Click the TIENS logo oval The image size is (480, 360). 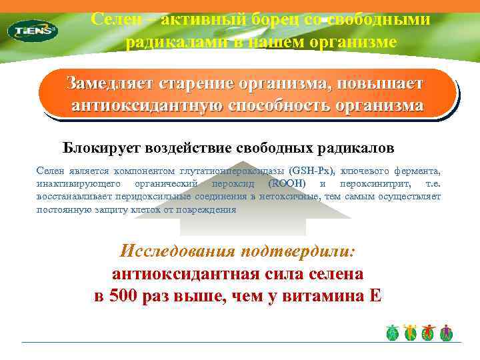[x=32, y=30]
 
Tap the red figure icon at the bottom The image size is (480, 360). [x=429, y=333]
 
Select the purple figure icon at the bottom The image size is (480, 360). [x=446, y=333]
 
